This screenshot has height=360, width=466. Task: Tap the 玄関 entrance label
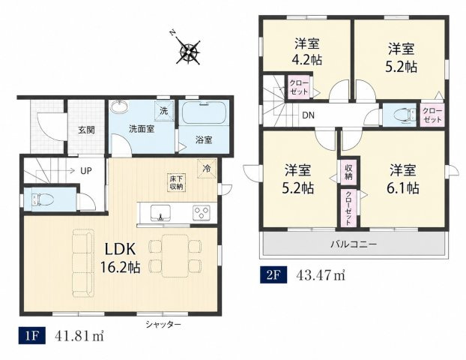pos(86,130)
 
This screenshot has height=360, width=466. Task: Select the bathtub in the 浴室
pos(204,113)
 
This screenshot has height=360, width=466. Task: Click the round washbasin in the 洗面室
pos(120,106)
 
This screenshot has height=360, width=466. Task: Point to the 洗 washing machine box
pos(164,111)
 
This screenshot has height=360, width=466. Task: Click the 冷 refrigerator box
pos(207,169)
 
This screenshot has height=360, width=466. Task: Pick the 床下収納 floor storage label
pos(177,183)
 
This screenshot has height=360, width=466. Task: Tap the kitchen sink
pos(160,212)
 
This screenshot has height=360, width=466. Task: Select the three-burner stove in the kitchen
pos(202,213)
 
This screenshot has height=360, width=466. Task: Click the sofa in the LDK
pos(83,263)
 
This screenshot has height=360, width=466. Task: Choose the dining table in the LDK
pos(175,256)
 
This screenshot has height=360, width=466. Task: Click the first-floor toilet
pos(43,199)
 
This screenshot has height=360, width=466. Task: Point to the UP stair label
pos(86,171)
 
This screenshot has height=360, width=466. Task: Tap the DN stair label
pos(308,115)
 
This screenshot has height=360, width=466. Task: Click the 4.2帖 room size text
pos(307,61)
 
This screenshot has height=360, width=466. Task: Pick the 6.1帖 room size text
pos(403,188)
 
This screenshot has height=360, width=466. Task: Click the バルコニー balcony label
pos(354,244)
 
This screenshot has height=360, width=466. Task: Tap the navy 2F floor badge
pos(273,274)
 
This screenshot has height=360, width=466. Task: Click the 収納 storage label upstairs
pos(348,172)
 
